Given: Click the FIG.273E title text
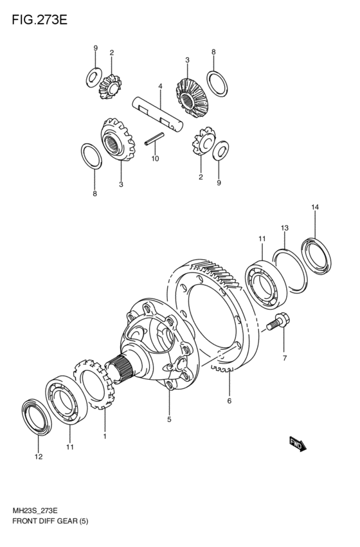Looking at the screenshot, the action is pos(40,20).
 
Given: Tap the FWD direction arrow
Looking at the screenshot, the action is pos(298,444).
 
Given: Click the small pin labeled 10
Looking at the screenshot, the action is pos(154,138).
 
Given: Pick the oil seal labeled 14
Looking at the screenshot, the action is pos(316,256).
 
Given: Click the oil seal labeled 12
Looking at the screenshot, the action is pos(37,416).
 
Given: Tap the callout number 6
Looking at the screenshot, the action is pos(230,401).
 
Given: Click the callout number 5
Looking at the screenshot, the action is pos(169,419).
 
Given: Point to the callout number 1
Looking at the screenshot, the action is pos(104,436).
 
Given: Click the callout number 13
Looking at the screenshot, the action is pos(284,228).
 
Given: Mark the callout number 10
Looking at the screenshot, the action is pos(155,158).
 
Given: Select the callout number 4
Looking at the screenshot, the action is pos(160,85).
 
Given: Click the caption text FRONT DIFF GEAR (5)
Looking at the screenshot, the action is pos(50,532).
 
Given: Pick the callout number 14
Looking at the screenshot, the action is pos(315,207).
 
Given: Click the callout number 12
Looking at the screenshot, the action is pos(39,456).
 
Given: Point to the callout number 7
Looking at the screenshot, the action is pos(285,358).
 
